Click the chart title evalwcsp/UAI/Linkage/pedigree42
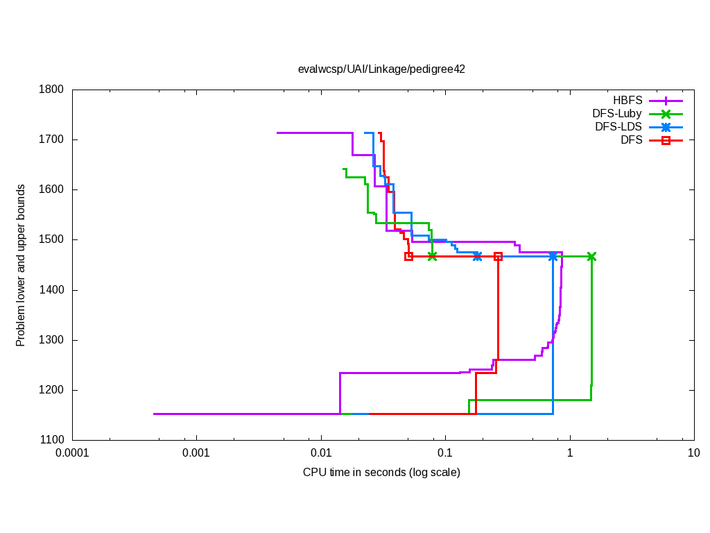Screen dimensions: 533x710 (381, 69)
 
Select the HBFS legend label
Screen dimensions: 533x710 (627, 101)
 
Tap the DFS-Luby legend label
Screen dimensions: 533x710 (617, 114)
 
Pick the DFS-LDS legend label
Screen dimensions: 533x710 (618, 127)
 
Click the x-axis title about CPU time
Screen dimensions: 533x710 (381, 473)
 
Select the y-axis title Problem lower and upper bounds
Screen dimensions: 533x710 (21, 265)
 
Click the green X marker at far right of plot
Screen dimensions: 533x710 (591, 256)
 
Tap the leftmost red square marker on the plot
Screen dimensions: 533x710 (408, 256)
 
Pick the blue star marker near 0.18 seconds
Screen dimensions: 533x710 (477, 256)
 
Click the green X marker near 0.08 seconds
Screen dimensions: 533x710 (433, 256)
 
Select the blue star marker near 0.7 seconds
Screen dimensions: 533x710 (553, 256)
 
